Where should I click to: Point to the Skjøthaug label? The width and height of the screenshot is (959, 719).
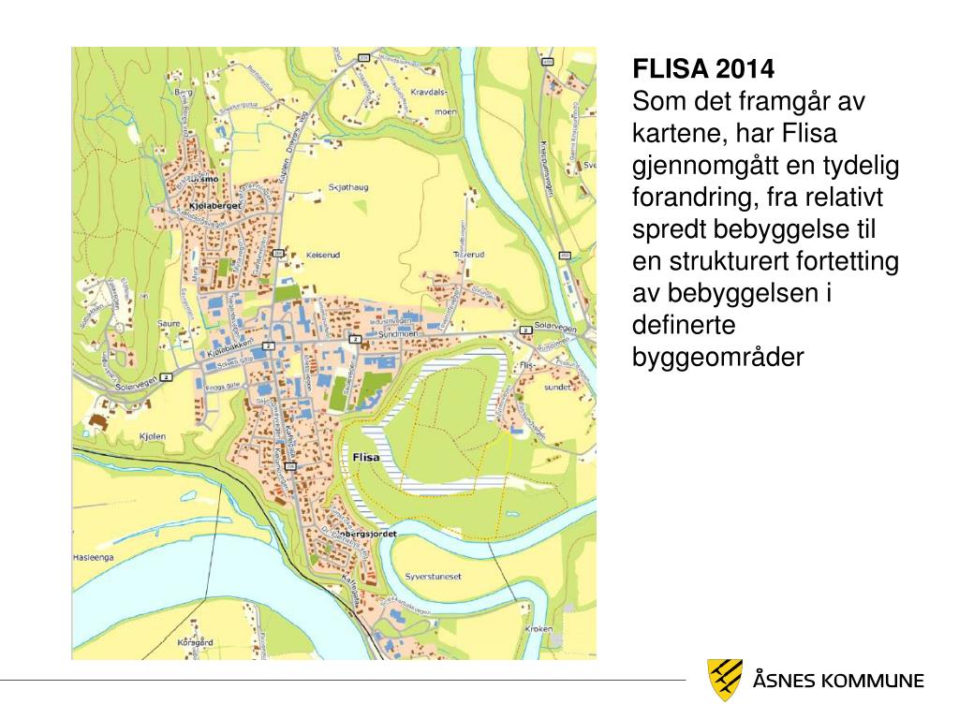[x=349, y=187]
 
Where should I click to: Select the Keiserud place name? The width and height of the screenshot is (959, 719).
[x=322, y=254]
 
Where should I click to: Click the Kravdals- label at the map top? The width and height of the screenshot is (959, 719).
[x=429, y=93]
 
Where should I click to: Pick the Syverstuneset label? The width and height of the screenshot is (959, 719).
[x=434, y=576]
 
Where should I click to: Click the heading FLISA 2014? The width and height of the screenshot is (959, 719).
[x=703, y=69]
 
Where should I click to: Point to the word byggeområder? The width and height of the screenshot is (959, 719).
[x=718, y=357]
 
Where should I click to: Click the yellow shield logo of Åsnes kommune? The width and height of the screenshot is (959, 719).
[x=725, y=680]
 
